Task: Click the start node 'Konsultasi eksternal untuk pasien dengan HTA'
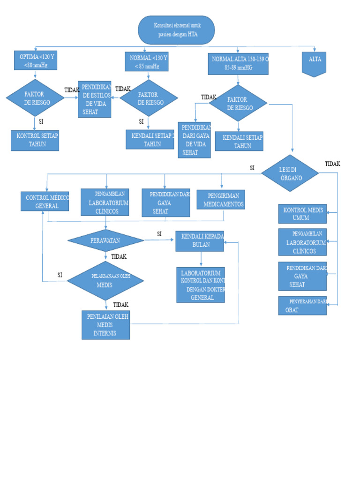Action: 176,30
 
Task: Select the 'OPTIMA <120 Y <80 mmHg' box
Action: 36,60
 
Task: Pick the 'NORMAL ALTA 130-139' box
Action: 238,63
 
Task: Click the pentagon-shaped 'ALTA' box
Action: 314,64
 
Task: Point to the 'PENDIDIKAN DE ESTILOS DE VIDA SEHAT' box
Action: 95,99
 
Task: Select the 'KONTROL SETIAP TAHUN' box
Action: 35,140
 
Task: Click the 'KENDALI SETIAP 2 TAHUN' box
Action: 150,139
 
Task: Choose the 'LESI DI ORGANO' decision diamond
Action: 290,173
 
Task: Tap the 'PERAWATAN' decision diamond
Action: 105,240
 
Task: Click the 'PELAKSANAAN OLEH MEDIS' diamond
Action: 105,280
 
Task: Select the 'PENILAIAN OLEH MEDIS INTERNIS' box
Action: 105,325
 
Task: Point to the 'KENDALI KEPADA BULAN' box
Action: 200,241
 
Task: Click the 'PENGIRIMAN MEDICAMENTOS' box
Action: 221,199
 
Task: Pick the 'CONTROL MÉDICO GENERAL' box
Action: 45,201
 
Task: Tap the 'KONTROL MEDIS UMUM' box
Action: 302,214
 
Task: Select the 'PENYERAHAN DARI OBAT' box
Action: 302,306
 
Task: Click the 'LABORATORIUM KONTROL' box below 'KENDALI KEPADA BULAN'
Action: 201,285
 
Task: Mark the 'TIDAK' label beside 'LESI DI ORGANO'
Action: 332,164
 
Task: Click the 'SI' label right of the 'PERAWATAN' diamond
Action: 159,233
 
